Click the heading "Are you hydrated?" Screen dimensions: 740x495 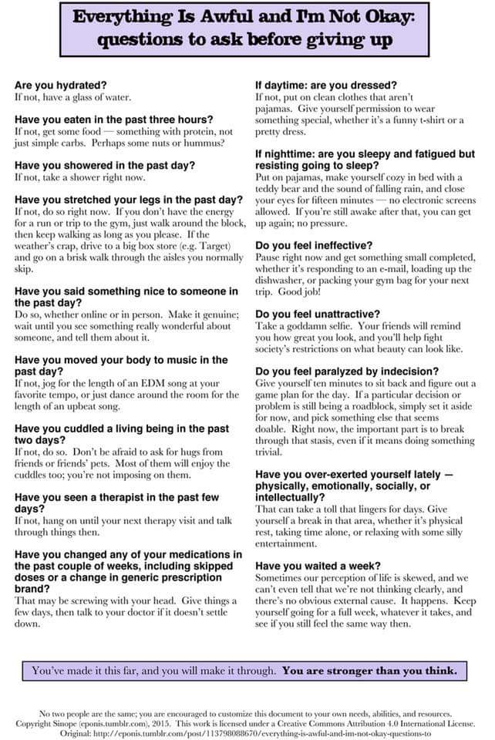tap(62, 86)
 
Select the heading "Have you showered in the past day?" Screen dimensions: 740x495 tap(104, 165)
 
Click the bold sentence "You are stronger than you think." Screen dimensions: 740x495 tap(369, 670)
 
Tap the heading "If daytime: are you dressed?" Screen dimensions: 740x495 tap(326, 86)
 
